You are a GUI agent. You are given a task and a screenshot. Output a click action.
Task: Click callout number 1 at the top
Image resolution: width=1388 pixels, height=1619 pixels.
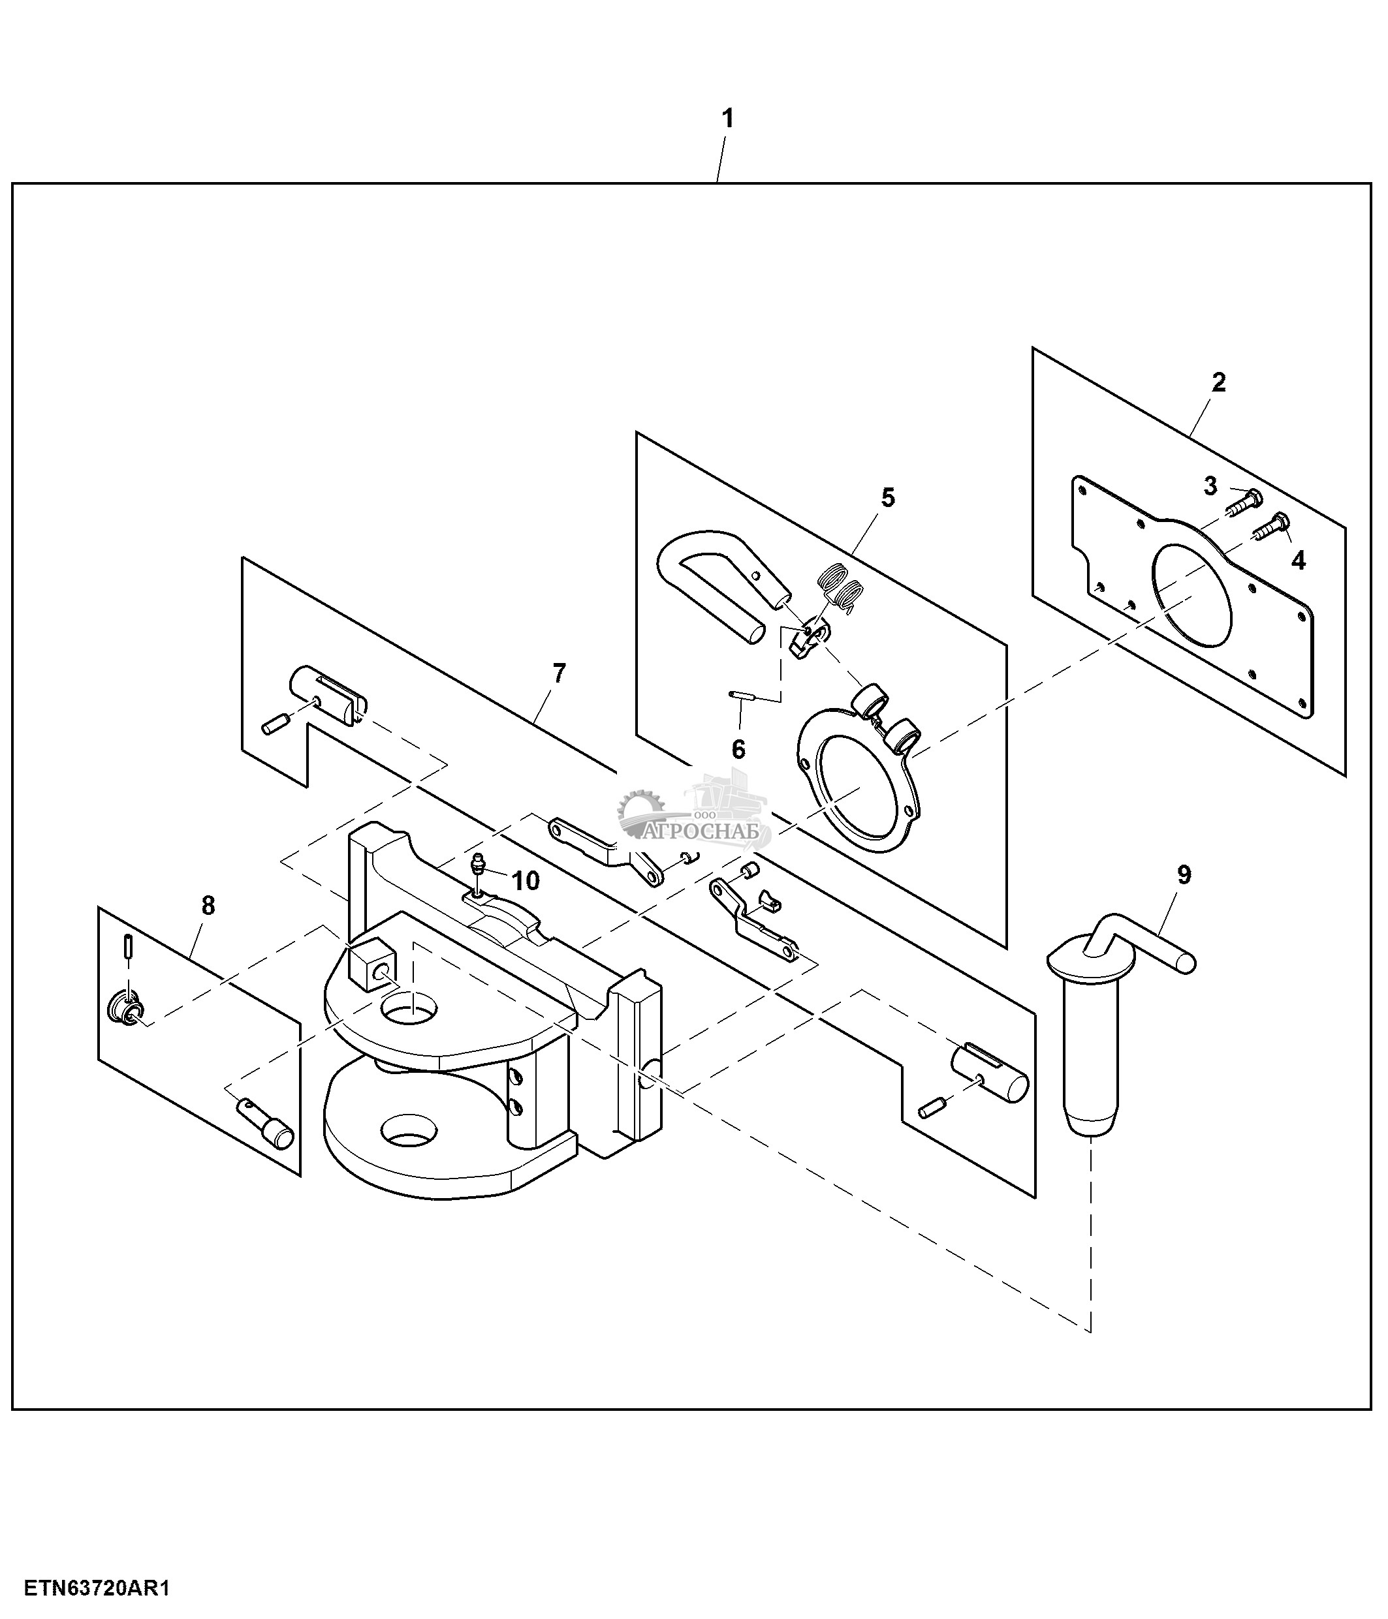coord(727,119)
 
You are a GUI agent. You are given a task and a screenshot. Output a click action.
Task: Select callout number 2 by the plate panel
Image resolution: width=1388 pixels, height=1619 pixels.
coord(1218,383)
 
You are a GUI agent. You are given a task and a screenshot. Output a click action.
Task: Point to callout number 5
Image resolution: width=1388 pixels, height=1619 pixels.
coord(888,498)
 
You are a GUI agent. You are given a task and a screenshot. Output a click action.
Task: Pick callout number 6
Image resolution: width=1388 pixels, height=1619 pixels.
coord(738,749)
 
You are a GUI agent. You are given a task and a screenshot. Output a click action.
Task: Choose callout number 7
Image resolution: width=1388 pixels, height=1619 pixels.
coord(559,673)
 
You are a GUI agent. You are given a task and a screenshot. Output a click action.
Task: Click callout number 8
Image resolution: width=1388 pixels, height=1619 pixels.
coord(208,906)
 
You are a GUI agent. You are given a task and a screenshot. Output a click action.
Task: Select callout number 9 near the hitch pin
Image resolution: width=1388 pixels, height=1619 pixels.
coord(1184,875)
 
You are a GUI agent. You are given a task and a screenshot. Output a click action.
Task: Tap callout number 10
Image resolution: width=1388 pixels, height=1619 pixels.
coord(525,880)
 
